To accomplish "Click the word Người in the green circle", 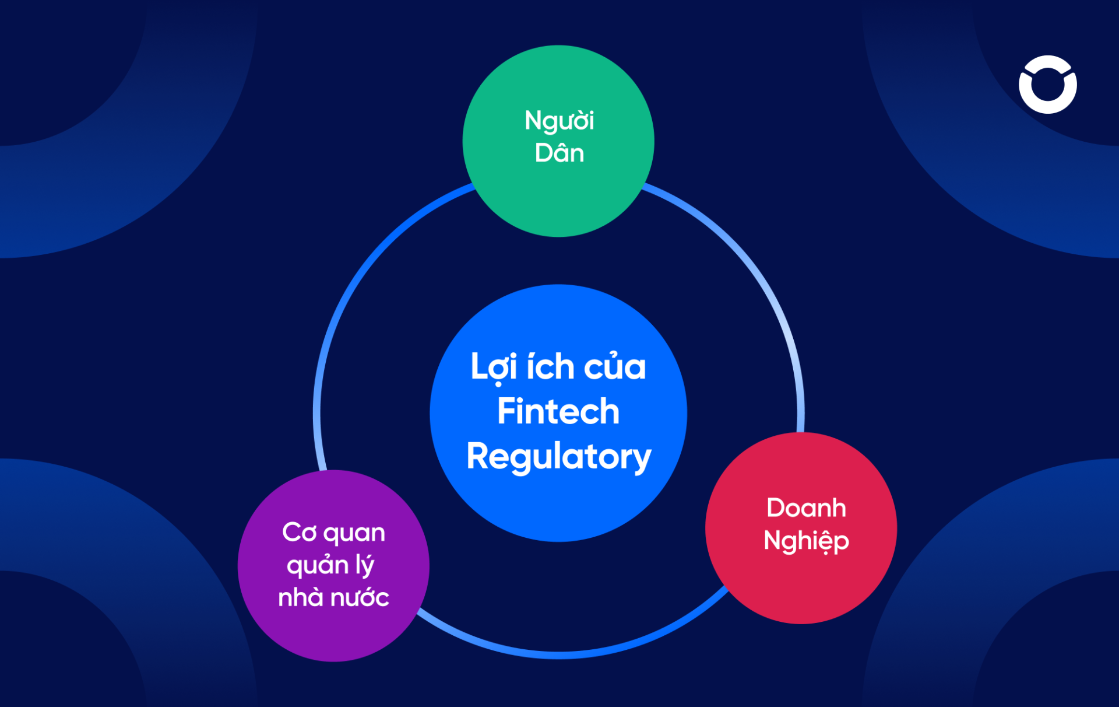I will tap(559, 121).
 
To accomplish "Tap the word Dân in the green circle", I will tap(559, 153).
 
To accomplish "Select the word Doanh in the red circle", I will tap(806, 508).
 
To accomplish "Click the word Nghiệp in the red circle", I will tap(806, 541).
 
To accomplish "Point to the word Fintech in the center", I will tap(558, 412).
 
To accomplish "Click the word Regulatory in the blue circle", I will tap(558, 457).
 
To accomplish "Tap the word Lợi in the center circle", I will tap(494, 367).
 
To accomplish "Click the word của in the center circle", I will tap(615, 367).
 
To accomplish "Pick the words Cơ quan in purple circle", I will tap(333, 533).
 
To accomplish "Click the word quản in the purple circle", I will tap(318, 565).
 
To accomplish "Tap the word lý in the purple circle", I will tap(365, 565).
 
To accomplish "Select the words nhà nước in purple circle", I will tap(333, 598).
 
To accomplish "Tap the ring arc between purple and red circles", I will tap(559, 654).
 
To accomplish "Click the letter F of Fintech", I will tap(506, 412).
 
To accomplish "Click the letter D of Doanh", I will tap(776, 508).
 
